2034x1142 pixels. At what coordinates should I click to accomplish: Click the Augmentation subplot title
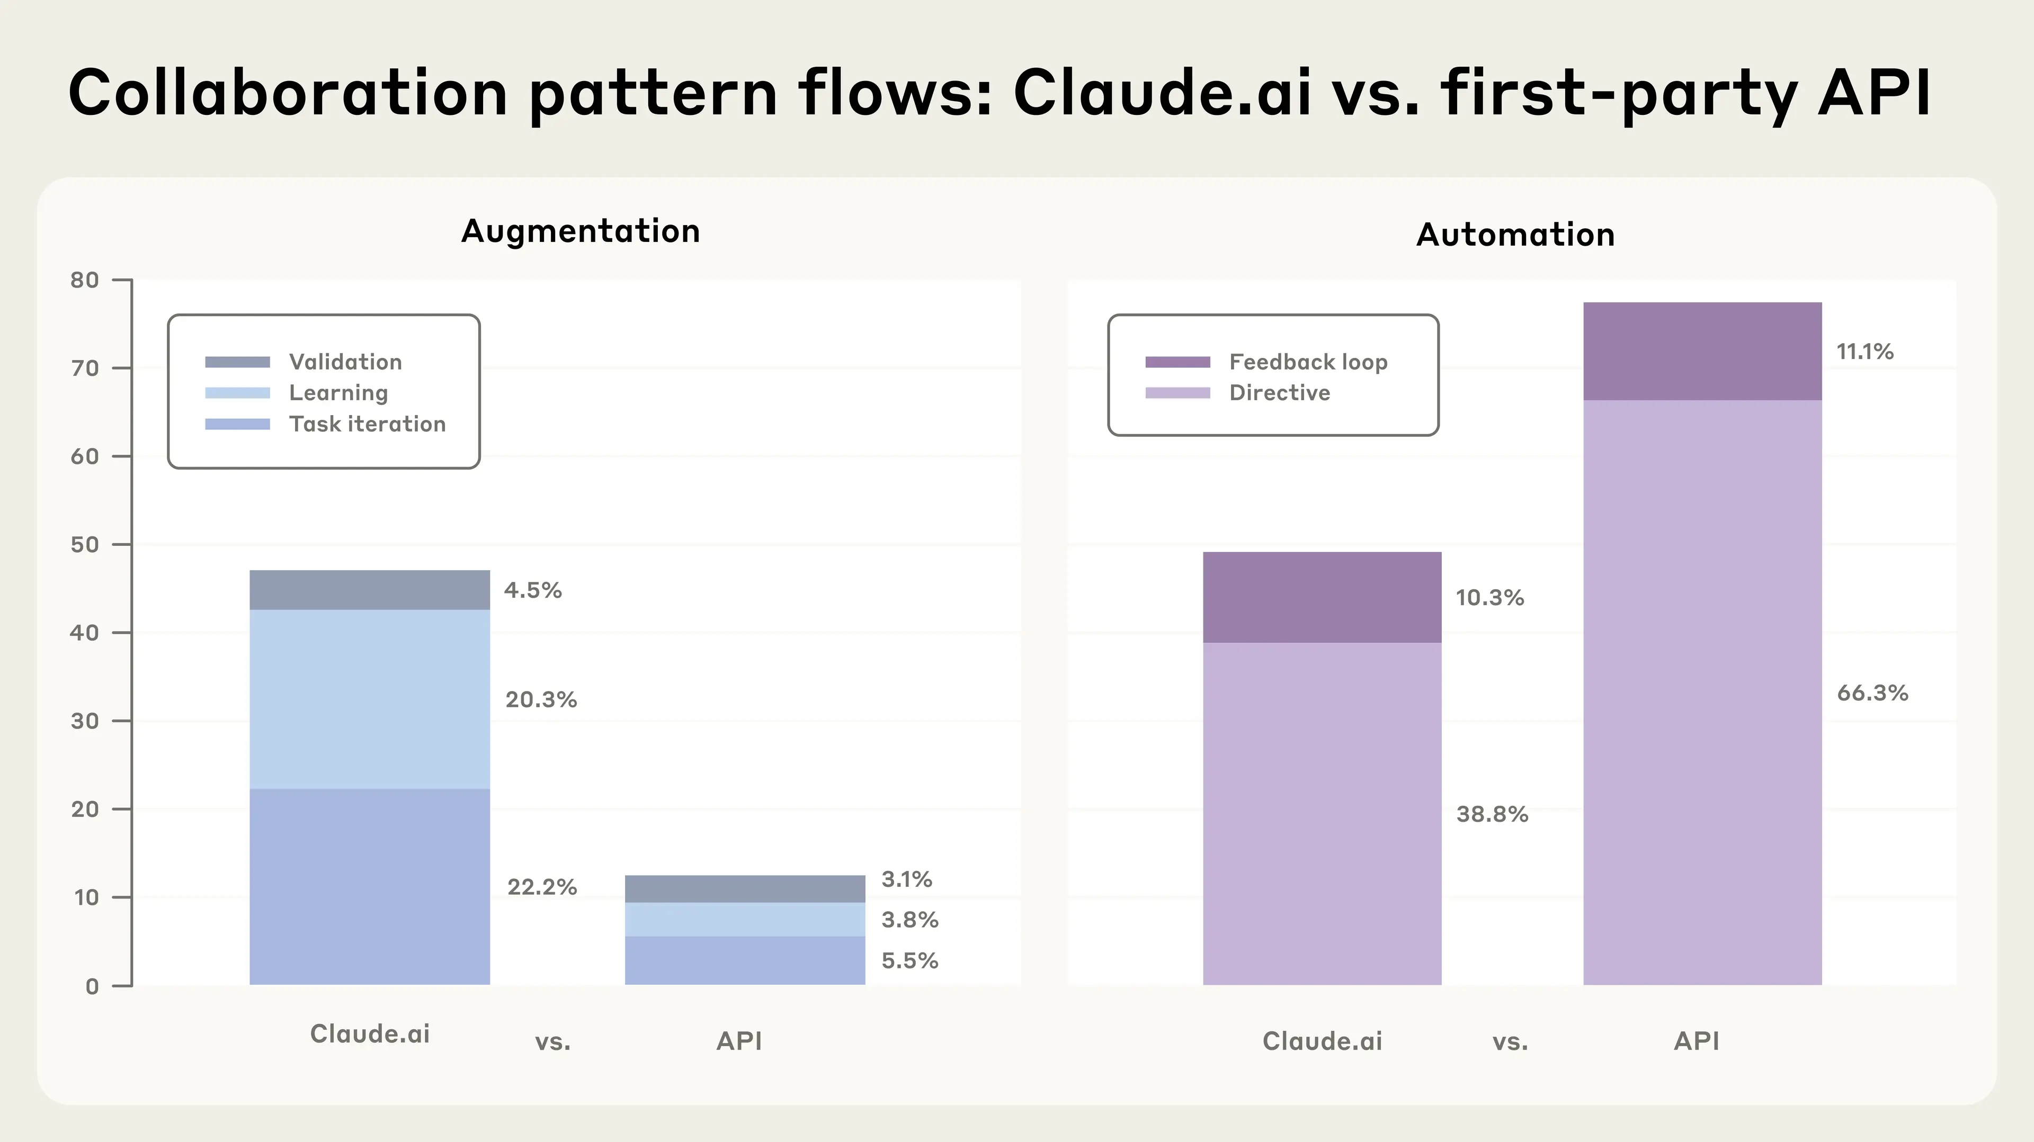coord(581,231)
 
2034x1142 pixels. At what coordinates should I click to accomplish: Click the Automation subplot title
coord(1515,235)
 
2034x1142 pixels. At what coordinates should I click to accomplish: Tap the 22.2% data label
coord(542,887)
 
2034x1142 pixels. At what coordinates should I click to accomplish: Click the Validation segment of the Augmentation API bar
coord(745,888)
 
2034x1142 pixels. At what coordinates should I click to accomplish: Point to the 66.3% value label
coord(1872,693)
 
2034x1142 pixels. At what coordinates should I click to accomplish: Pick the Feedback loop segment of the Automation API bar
coord(1702,351)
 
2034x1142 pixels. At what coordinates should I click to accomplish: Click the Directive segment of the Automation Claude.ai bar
coord(1322,813)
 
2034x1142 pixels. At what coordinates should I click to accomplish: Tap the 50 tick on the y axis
coord(85,545)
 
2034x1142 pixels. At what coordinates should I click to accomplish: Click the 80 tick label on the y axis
coord(85,280)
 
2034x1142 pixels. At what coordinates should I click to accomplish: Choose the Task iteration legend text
coord(367,424)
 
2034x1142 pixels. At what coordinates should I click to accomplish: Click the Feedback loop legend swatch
coord(1177,362)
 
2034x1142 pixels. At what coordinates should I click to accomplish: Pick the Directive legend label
coord(1279,392)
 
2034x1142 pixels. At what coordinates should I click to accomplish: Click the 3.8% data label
coord(909,920)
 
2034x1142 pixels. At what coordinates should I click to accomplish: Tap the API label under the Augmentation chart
coord(739,1041)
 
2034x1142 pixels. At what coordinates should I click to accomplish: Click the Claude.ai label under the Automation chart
coord(1322,1041)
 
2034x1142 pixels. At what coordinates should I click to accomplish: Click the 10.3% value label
coord(1489,597)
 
